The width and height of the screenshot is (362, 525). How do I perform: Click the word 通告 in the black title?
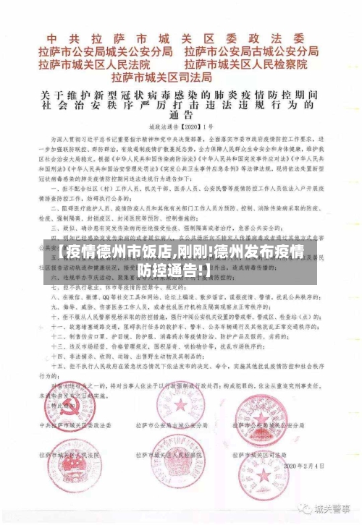(180, 115)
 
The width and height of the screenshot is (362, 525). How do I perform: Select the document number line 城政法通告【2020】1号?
(180, 129)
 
